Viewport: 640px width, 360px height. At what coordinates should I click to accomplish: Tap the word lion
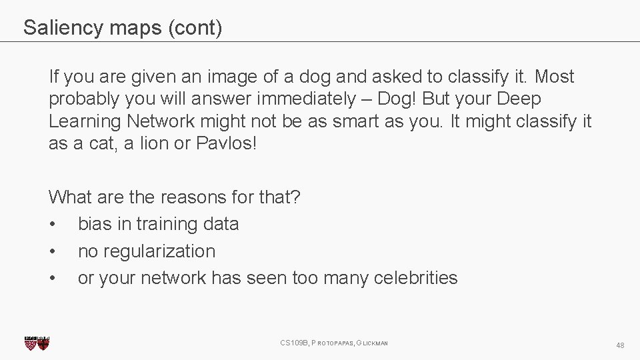click(150, 144)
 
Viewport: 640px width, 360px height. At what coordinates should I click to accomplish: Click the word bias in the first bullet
click(95, 224)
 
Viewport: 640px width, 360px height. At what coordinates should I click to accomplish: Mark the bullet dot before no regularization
click(53, 252)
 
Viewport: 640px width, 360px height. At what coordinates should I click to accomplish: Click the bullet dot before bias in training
click(53, 225)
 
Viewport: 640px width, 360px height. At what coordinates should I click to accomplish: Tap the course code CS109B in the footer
click(294, 343)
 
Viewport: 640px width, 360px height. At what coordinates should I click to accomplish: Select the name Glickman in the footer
click(372, 343)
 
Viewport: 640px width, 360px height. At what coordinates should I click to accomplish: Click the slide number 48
click(620, 345)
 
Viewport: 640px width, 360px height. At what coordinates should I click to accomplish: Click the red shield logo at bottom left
click(37, 343)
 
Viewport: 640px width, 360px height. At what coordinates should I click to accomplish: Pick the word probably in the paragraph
click(80, 99)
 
